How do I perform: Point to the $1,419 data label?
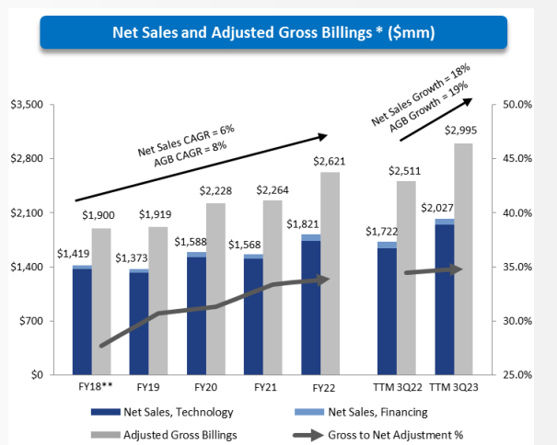(x=75, y=253)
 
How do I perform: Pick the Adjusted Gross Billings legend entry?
(x=165, y=432)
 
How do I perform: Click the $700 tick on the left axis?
(x=31, y=321)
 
